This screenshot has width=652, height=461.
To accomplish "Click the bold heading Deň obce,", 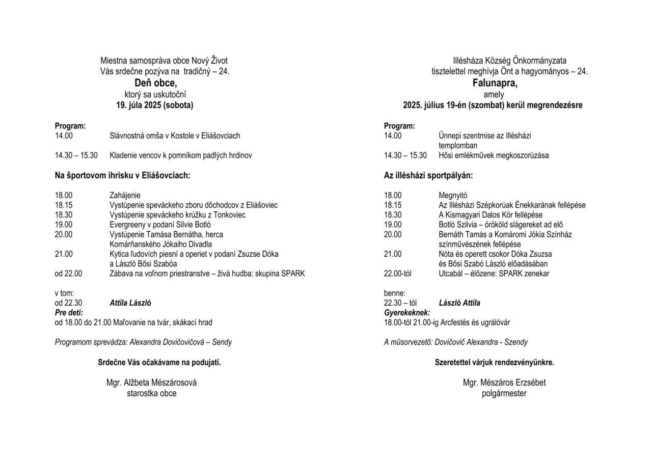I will point(155,83).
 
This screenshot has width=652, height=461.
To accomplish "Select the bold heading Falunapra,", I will point(494,83).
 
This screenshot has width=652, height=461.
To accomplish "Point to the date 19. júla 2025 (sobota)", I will point(155,105).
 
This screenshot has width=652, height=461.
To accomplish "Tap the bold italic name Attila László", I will point(130,303).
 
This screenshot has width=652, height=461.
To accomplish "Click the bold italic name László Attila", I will point(459,303).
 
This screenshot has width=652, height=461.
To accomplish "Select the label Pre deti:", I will point(69,313).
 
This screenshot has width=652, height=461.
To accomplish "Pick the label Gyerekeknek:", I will point(406,313).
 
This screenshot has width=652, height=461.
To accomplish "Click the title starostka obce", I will point(151,393).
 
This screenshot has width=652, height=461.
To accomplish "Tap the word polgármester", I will point(504,393).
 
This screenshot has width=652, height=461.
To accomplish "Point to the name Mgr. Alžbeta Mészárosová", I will point(151,383).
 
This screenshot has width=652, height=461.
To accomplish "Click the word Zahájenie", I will point(125,195).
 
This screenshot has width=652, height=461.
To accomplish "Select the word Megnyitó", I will point(453,195).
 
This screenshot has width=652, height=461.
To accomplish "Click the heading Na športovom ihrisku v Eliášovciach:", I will point(122,175).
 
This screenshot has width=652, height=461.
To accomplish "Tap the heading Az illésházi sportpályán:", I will point(428,175).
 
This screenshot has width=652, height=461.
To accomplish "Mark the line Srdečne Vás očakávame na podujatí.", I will point(159,363).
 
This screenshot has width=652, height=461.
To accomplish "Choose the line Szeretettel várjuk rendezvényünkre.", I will point(494,363).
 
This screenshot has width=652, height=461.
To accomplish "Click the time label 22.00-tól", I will point(397,274).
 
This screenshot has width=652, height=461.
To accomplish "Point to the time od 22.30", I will point(68,303).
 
